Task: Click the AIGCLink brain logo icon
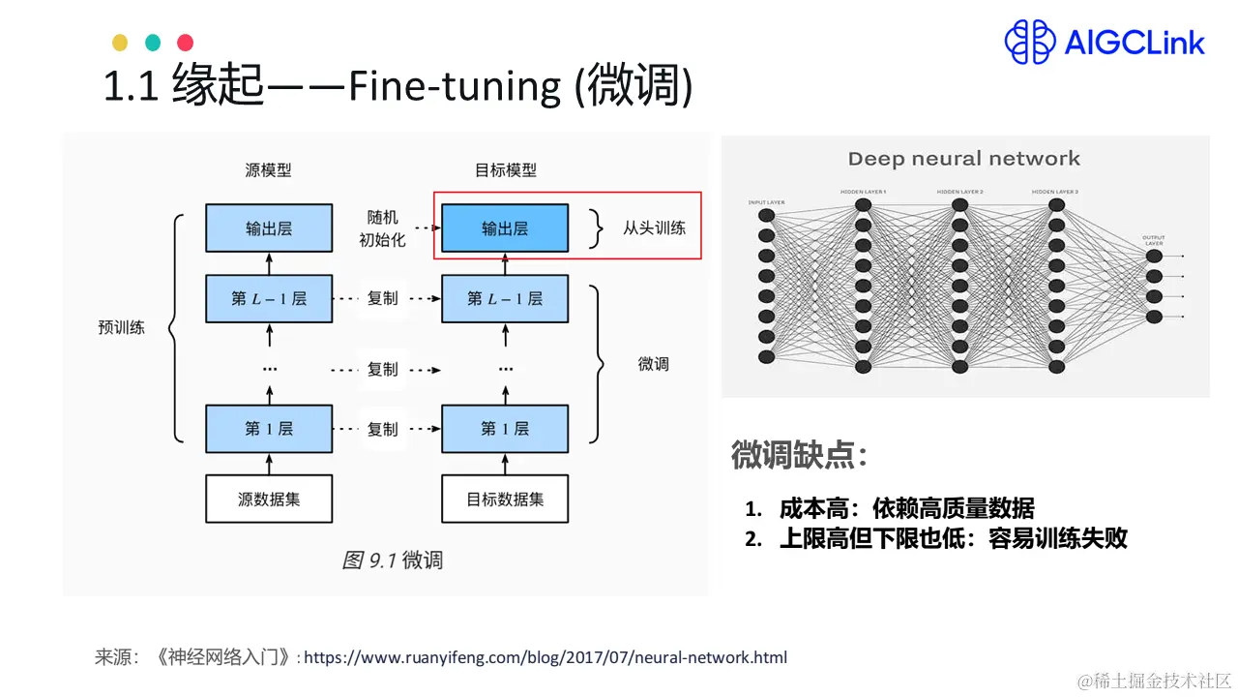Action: coord(1029,43)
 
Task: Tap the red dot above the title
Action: coord(186,43)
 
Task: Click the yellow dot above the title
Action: coord(120,43)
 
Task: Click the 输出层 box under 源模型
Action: coord(269,228)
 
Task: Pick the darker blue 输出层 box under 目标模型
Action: coord(505,228)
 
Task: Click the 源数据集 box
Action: coord(269,500)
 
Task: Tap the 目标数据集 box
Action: coord(505,500)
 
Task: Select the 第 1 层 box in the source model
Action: coord(269,428)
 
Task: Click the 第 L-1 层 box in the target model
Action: coord(505,298)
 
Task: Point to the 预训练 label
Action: coord(122,327)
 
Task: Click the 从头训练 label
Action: coord(655,228)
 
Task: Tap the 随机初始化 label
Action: coord(382,228)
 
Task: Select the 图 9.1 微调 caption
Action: coord(393,561)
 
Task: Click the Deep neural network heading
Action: coord(963,159)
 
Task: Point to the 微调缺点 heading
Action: coord(799,455)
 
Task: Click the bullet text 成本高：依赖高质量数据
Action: coord(906,508)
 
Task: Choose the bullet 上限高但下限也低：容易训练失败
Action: coord(953,539)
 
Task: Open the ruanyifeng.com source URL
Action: coord(545,658)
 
